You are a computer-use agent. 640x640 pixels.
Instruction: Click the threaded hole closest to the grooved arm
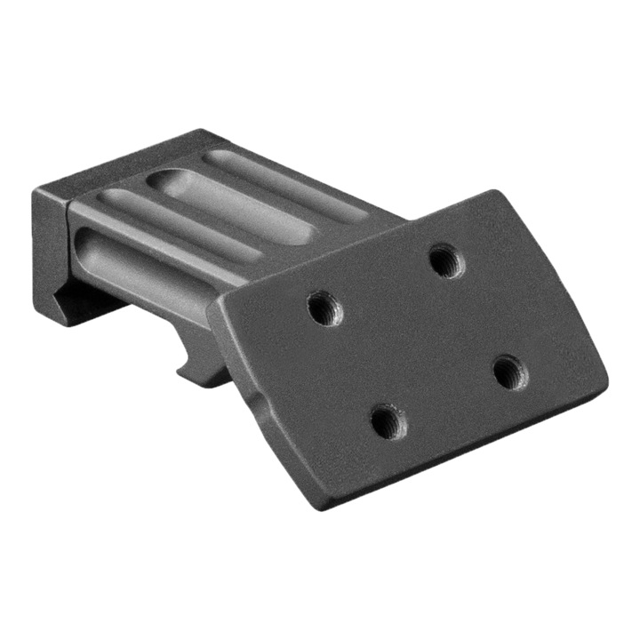click(323, 308)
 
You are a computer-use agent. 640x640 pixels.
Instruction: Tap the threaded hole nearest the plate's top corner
click(444, 260)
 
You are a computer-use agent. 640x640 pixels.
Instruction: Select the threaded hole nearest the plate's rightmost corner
click(508, 371)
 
